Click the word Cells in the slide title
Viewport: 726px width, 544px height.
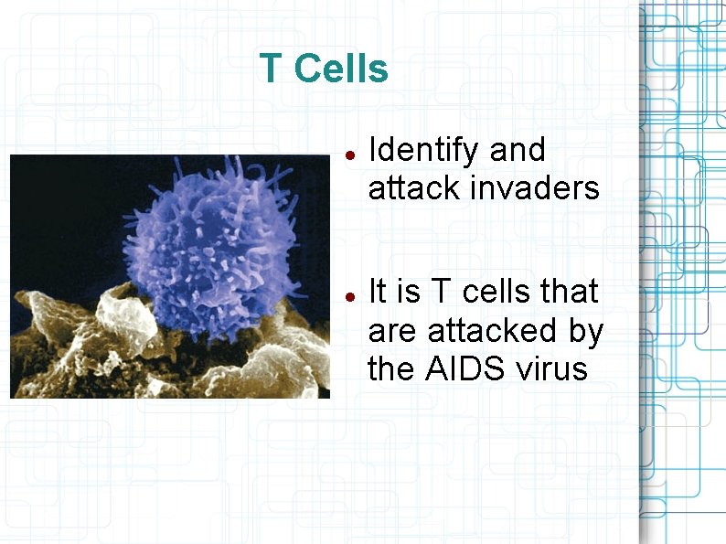click(x=342, y=69)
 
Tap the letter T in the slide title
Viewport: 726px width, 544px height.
click(x=270, y=69)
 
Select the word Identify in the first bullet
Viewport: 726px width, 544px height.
click(x=422, y=150)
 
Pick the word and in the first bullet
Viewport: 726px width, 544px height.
click(x=518, y=150)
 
